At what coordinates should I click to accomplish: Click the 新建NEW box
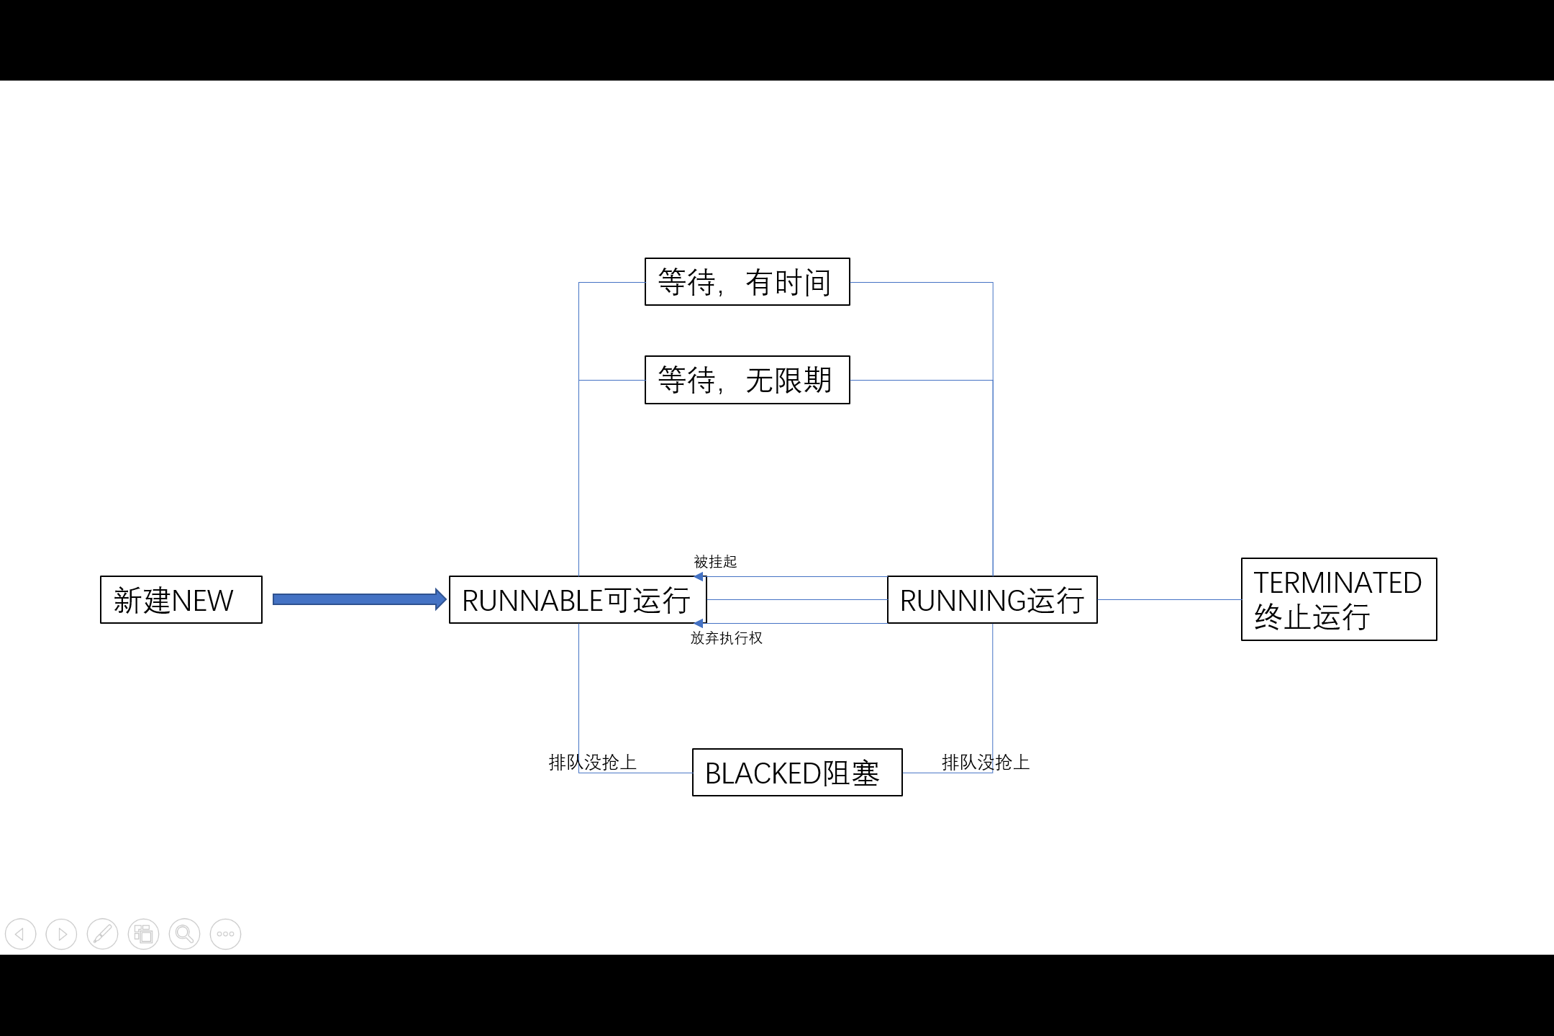pos(181,599)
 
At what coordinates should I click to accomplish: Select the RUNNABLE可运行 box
pos(577,599)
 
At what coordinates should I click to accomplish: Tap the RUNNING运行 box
pos(991,599)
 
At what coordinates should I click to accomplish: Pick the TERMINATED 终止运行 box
pos(1338,599)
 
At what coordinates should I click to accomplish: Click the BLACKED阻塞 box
pos(796,772)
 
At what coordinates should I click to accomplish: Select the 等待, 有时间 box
pos(747,281)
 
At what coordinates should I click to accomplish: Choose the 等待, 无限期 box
pos(747,379)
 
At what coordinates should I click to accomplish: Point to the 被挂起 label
pos(715,561)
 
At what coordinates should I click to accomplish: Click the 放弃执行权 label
pos(726,637)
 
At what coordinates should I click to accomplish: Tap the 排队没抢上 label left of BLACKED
pos(592,762)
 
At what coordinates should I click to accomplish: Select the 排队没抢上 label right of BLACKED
pos(985,762)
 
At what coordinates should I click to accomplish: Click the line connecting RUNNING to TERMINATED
pos(1169,599)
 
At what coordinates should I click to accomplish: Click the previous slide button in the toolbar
pos(20,934)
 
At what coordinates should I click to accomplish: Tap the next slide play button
pos(61,934)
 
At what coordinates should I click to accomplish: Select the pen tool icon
pos(102,934)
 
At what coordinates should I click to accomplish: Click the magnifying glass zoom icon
pos(184,934)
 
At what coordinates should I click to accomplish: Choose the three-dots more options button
pos(225,934)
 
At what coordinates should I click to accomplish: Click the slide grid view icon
pos(143,934)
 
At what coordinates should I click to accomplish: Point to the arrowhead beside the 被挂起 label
pos(699,576)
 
